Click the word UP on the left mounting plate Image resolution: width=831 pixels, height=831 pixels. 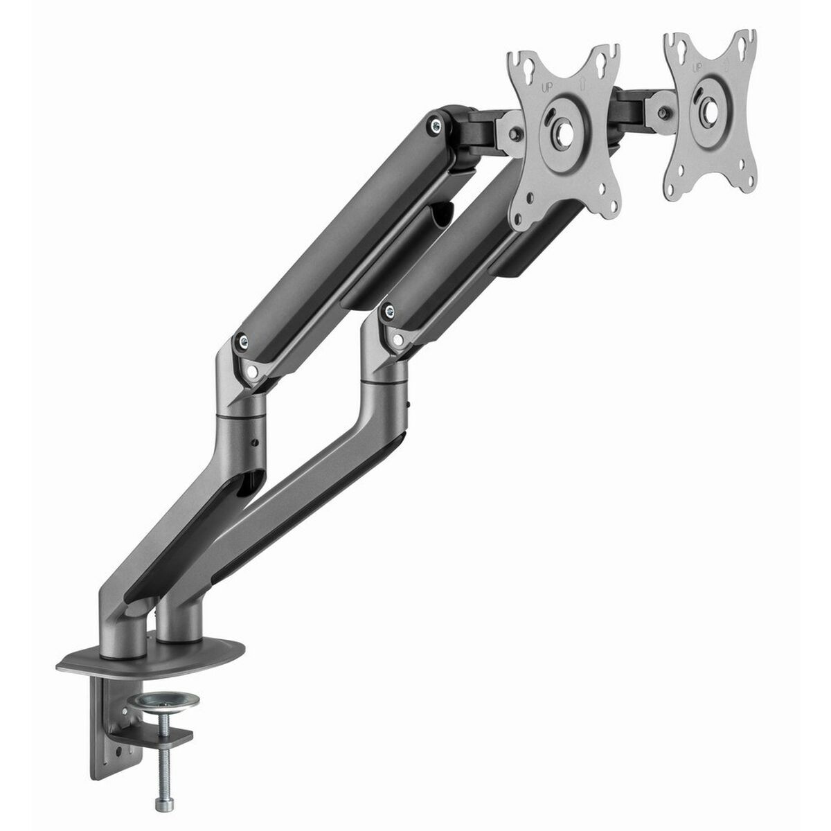tap(546, 89)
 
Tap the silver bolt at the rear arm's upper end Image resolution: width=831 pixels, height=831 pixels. tap(434, 126)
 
